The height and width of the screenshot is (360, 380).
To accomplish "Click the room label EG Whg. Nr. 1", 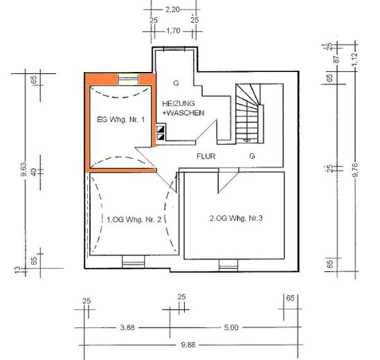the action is tap(120, 120).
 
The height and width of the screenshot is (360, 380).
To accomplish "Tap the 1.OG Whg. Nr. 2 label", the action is tap(134, 219).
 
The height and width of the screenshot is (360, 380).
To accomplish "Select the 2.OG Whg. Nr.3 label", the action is tap(236, 218).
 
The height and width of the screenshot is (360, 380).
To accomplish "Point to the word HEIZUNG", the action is tap(179, 104).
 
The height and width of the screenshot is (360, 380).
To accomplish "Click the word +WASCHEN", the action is tap(183, 113).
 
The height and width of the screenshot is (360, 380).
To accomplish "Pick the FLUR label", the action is tap(206, 156).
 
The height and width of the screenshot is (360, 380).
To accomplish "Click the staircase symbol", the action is tap(250, 114).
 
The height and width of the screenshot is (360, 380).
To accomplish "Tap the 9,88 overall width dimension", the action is tap(188, 345).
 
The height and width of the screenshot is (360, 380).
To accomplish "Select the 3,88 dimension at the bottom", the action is tap(127, 327).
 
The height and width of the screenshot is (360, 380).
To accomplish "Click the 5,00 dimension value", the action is tap(231, 327).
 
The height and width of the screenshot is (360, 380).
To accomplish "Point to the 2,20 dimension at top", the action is tap(172, 10).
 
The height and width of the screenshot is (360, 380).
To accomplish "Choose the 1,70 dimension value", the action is tap(173, 31).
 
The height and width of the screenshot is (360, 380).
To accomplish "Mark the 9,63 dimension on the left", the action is tap(24, 170).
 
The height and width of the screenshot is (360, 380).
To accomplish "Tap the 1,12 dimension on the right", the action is tap(354, 59).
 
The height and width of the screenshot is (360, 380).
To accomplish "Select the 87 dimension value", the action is tap(336, 59).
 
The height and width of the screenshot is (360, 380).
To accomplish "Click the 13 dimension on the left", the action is tap(17, 270).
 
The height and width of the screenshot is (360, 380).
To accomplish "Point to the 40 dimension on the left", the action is tap(34, 172).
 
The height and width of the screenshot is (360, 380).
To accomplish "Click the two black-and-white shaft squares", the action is tap(160, 133).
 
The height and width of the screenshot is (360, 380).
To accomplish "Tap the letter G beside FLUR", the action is tap(252, 156).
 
